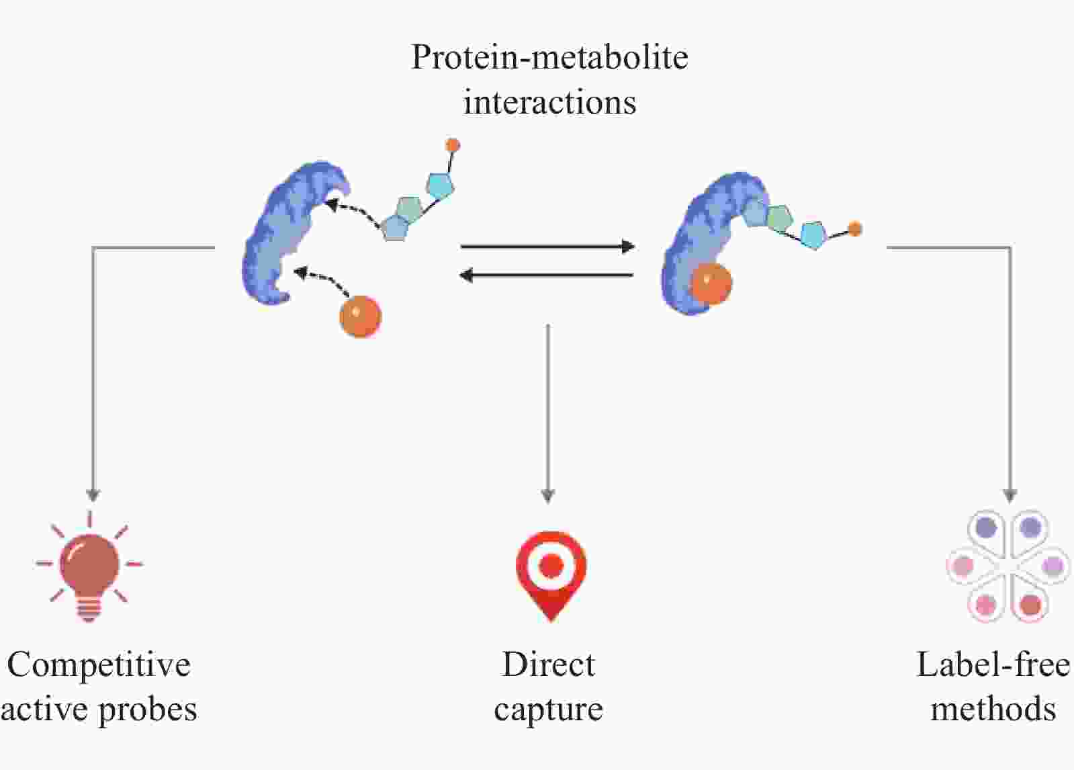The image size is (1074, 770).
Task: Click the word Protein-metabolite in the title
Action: [549, 57]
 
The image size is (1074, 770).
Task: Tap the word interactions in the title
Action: [549, 103]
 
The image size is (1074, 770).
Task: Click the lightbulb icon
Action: [89, 568]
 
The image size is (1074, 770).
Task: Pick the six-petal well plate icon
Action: [1008, 566]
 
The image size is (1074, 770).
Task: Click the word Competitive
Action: [99, 665]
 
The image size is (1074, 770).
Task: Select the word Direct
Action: [548, 665]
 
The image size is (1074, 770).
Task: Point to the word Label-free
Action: [993, 665]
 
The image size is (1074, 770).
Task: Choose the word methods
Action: [993, 710]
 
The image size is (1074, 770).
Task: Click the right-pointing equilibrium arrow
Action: [547, 247]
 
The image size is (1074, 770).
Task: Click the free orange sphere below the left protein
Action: [360, 316]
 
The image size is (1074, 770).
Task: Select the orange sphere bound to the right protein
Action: [711, 284]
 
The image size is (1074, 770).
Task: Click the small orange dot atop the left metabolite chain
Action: [453, 144]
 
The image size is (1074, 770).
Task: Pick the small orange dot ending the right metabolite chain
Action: [855, 229]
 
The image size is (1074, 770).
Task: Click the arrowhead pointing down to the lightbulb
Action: [93, 495]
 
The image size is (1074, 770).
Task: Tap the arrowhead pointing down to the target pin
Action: [548, 496]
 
